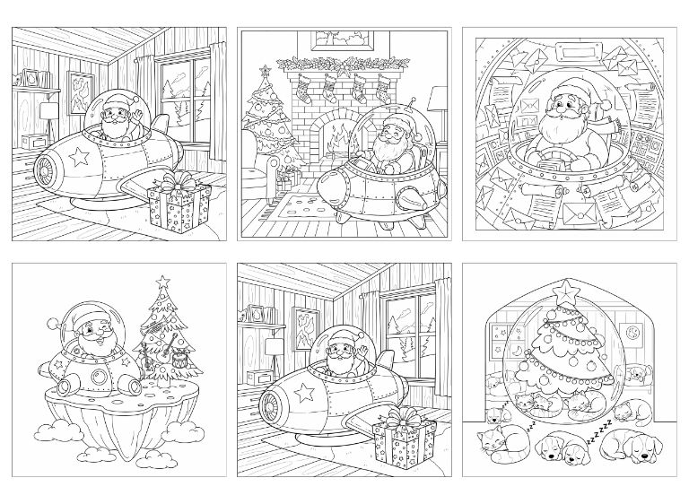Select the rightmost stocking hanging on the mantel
[384, 89]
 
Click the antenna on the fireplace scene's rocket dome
[413, 103]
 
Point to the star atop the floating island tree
[163, 281]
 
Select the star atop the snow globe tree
[565, 289]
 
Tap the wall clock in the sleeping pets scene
[632, 331]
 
